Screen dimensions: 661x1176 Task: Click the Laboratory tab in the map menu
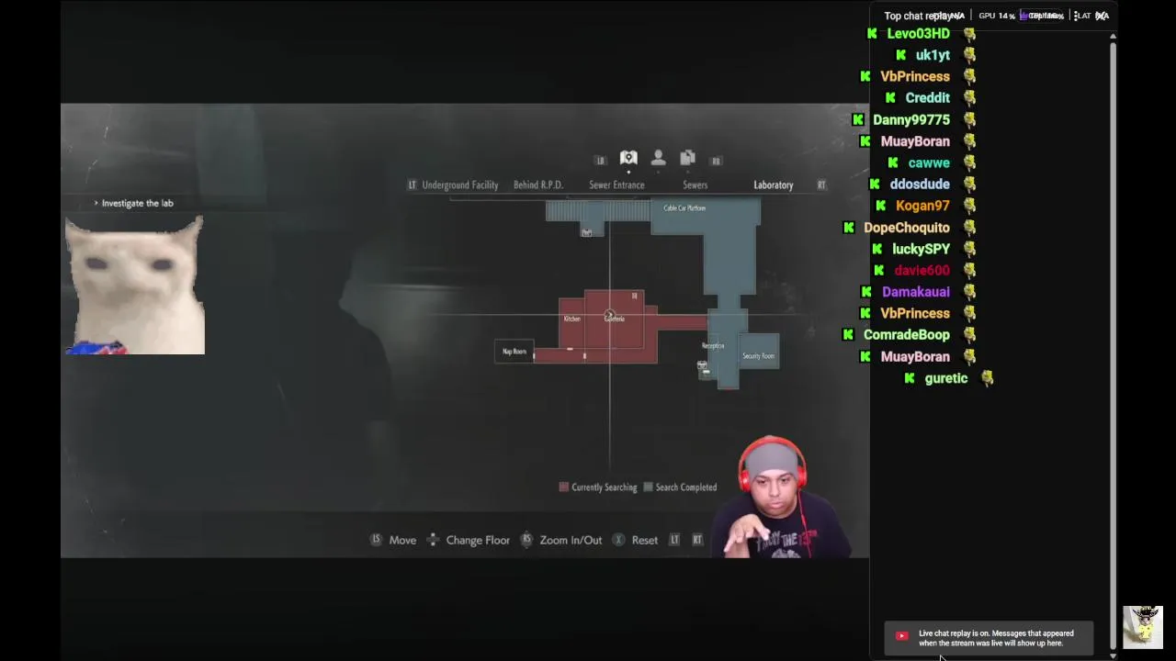773,185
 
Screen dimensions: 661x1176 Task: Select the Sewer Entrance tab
616,185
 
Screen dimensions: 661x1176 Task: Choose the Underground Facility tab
459,185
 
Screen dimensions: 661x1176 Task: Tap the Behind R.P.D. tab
537,185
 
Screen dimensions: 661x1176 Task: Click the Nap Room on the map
514,352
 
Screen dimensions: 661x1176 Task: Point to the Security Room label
758,356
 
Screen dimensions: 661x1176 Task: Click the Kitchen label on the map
571,319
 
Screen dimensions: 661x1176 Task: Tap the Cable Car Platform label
684,208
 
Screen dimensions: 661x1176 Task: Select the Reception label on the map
713,346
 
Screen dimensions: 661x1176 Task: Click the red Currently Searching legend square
564,487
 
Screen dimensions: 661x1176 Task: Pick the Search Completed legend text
685,487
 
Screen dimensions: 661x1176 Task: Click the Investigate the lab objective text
137,203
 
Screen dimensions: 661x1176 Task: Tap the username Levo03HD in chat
918,34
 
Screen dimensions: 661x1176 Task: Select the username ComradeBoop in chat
906,335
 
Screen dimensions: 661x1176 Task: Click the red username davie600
922,271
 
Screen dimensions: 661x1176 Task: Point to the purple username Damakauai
915,292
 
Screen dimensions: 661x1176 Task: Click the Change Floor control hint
477,540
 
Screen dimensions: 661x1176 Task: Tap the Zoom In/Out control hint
571,540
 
